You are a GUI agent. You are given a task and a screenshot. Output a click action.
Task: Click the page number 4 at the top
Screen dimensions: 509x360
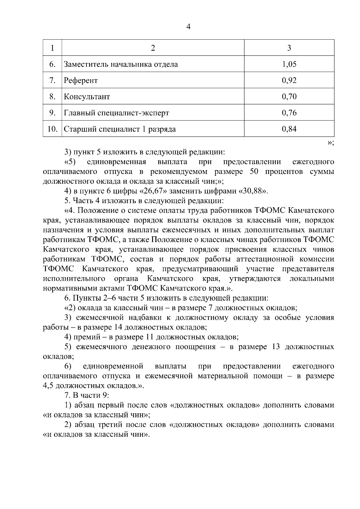(x=188, y=27)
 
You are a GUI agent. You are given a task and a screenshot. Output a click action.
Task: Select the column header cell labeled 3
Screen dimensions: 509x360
(x=289, y=48)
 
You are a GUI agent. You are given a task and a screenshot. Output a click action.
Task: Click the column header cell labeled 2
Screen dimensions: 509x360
(x=153, y=48)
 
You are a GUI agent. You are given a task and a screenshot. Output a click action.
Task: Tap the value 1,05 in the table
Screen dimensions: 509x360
(x=289, y=64)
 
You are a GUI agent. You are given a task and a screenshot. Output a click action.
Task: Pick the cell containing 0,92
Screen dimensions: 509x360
(x=289, y=80)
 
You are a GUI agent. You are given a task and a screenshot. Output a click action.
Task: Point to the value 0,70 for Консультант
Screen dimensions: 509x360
(x=289, y=97)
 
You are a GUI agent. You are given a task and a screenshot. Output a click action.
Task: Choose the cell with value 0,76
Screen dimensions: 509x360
(x=289, y=113)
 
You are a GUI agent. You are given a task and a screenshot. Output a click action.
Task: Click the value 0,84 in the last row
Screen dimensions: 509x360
(x=289, y=129)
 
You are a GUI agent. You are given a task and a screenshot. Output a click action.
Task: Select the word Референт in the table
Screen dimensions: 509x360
(x=81, y=80)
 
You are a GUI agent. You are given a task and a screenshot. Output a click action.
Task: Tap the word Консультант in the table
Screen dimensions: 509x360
(x=87, y=97)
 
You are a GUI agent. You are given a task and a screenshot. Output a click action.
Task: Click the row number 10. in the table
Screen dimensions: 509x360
(x=52, y=129)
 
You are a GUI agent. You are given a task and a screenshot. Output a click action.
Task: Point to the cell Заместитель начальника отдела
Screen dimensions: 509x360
(x=121, y=64)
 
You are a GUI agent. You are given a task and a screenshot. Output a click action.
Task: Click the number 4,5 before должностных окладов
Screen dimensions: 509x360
(x=49, y=386)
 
